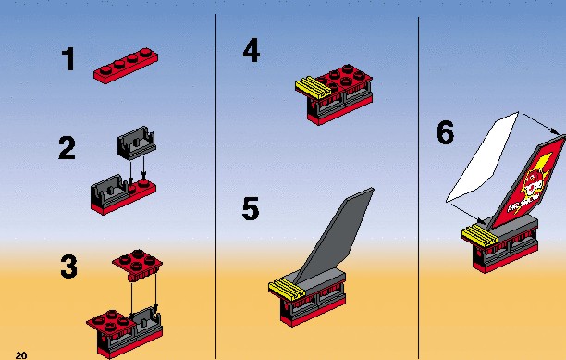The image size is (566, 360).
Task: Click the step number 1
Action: point(68,59)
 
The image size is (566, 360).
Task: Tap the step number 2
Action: point(68,148)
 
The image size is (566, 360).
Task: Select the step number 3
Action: point(68,267)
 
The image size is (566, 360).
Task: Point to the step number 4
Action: point(252,51)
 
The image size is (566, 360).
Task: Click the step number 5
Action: point(251,208)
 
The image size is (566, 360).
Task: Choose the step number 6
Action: point(446,132)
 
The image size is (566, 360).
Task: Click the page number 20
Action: point(21,355)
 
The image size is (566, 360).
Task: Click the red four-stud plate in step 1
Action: point(126,66)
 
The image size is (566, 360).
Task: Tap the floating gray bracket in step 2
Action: point(137,143)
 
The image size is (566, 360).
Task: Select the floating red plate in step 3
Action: point(137,266)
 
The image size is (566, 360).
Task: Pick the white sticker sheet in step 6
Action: point(483,157)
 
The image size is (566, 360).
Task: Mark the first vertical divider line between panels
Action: point(215,186)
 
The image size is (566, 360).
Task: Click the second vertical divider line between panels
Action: point(418,188)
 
